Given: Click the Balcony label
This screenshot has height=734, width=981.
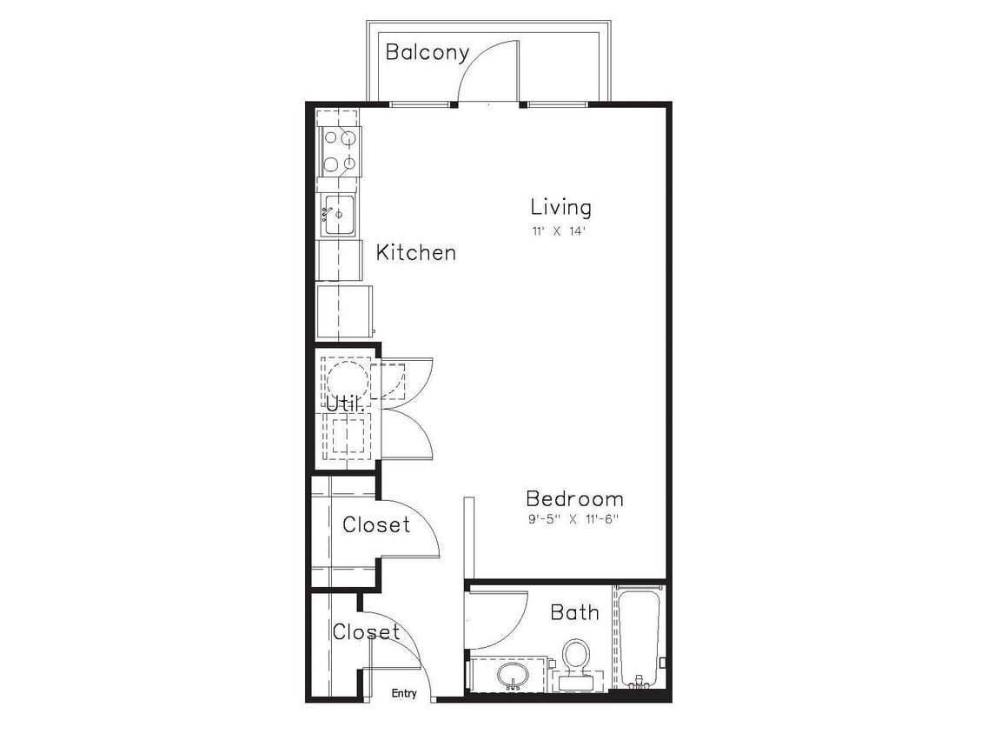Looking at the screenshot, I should [427, 52].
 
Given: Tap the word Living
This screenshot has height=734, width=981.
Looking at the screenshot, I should [560, 207].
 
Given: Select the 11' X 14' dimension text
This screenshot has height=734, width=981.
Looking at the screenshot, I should [560, 232].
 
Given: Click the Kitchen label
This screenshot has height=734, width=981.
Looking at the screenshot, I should [415, 253].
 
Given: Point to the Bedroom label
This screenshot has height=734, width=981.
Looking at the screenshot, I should [574, 499].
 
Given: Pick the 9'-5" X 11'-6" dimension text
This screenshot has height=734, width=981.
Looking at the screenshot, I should [574, 520].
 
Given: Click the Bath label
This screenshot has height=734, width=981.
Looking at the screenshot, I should [574, 613].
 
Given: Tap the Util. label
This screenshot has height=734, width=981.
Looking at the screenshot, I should [345, 404].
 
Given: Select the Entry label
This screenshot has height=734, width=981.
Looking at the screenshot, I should [404, 693].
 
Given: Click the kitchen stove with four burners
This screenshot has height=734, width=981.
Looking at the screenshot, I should [340, 150].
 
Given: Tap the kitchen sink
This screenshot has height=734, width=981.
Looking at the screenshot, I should [338, 214].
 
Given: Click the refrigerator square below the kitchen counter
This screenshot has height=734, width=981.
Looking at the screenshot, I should [344, 310].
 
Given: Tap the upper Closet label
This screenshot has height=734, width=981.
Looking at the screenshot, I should [375, 525].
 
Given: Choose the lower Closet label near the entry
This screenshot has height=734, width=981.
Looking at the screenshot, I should [366, 632].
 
